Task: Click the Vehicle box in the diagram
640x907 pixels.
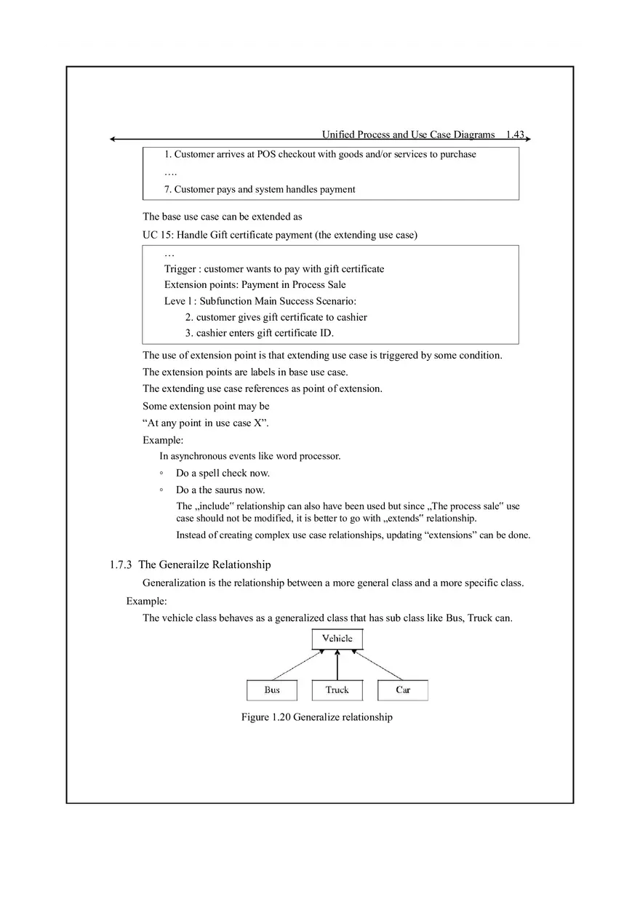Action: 337,639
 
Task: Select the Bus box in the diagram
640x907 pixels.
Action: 272,690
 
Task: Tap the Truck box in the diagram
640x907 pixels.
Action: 337,690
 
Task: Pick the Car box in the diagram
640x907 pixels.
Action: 403,690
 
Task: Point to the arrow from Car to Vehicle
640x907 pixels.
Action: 378,666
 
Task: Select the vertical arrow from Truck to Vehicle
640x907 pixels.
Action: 337,665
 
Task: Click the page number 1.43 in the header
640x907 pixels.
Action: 515,135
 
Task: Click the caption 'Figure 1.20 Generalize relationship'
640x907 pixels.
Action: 316,717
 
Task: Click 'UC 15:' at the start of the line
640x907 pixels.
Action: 158,235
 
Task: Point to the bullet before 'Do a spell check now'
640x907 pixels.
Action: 161,474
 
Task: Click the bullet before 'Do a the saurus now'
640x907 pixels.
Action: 161,490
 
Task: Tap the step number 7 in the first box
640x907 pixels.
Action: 167,189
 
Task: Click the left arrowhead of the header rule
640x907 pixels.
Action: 113,139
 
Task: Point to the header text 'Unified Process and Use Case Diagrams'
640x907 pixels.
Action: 408,135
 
